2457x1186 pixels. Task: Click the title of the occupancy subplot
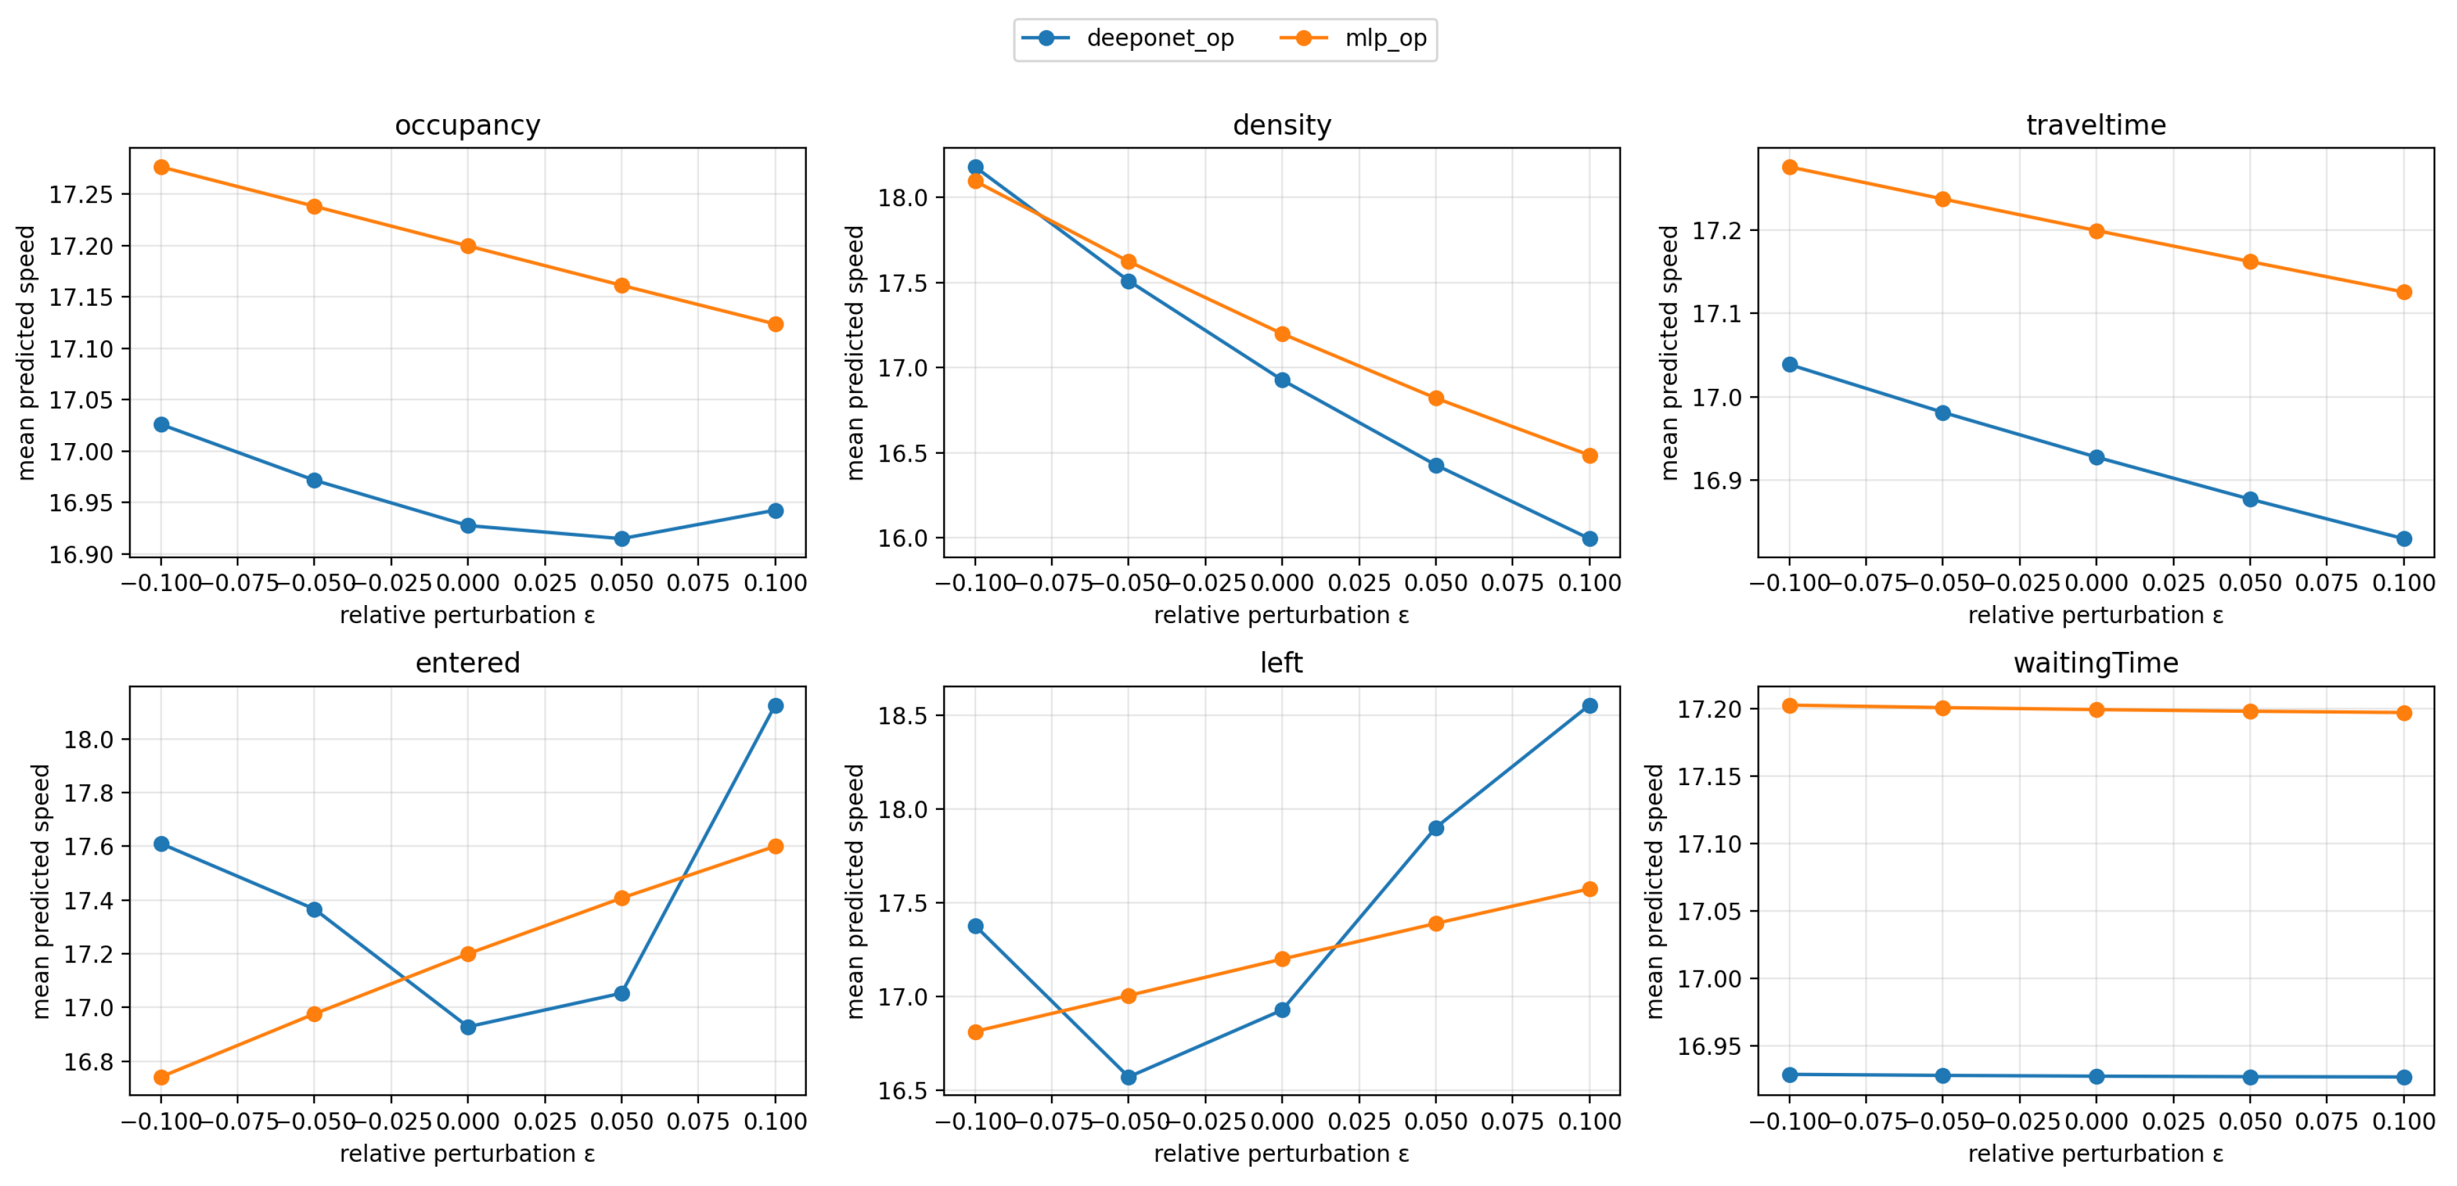[x=467, y=125]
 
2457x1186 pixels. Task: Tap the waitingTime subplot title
[x=2095, y=663]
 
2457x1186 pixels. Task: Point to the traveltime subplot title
[x=2095, y=125]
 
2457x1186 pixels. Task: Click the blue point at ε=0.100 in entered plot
[x=775, y=705]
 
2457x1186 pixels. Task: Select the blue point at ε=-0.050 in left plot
[x=1128, y=1078]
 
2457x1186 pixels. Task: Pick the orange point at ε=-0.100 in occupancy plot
[x=161, y=167]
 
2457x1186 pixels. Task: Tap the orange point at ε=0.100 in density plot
[x=1590, y=456]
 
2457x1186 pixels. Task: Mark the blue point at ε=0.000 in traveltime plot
[x=2096, y=458]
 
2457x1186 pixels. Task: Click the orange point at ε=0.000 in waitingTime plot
[x=2096, y=709]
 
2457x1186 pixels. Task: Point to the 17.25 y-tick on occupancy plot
[x=80, y=195]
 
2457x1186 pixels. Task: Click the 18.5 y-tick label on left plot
[x=902, y=716]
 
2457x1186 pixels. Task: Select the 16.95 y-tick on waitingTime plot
[x=1709, y=1046]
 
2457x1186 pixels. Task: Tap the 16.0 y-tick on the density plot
[x=902, y=539]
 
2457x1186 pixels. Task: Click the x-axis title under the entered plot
[x=467, y=1154]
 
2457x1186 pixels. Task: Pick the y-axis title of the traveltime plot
[x=1668, y=353]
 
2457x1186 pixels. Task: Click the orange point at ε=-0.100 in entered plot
[x=161, y=1078]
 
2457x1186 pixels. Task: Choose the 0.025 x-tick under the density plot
[x=1359, y=582]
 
